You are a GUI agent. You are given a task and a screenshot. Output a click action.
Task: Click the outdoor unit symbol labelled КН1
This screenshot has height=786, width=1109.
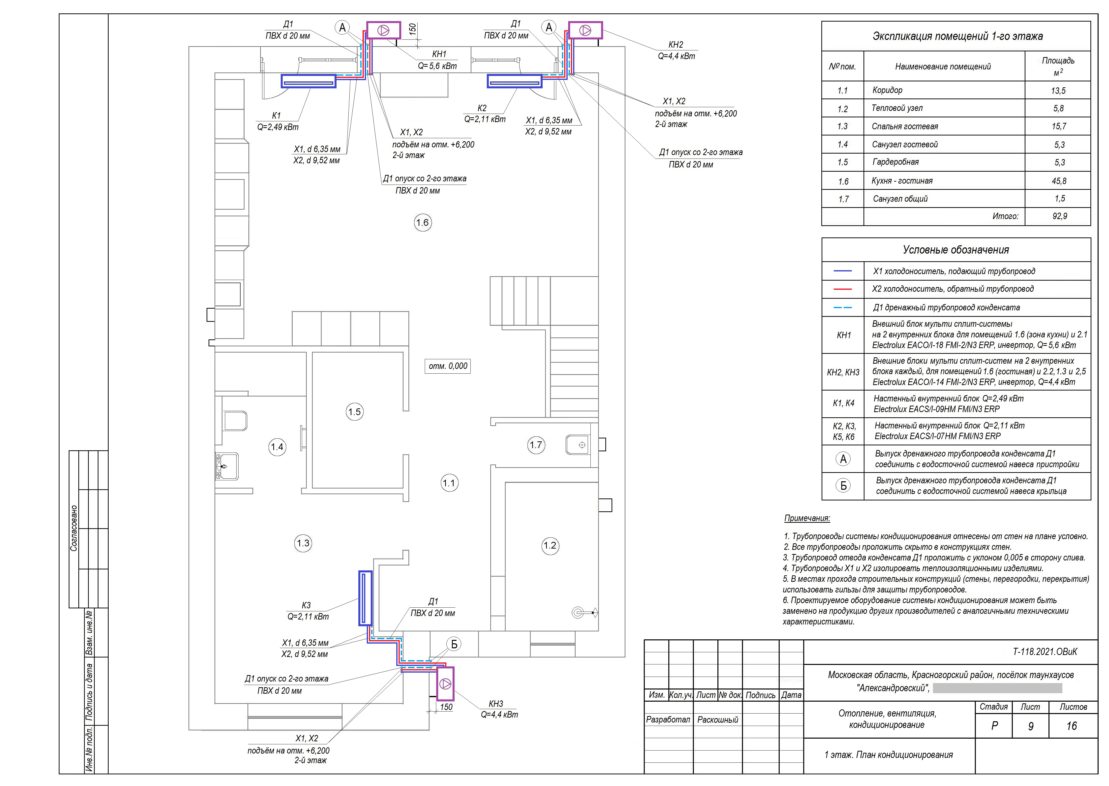[x=384, y=30]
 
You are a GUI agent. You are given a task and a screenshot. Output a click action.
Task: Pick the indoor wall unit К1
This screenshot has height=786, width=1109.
[x=308, y=81]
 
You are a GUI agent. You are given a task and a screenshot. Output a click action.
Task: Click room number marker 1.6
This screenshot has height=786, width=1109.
[x=423, y=223]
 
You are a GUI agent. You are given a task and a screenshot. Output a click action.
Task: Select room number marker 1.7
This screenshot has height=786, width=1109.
[x=536, y=445]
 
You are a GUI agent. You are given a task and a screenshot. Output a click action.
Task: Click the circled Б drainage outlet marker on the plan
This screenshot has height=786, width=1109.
[x=454, y=644]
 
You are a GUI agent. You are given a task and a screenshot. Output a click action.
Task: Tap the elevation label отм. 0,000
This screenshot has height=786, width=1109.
[x=448, y=366]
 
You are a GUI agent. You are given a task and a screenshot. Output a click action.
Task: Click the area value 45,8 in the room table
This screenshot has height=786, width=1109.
[x=1059, y=181]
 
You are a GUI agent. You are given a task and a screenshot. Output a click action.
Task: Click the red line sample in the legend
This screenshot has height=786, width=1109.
[x=842, y=289]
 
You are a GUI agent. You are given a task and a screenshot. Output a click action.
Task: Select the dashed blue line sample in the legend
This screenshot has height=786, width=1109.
[x=842, y=307]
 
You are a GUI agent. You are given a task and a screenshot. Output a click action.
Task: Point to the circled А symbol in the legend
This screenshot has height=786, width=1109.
[x=843, y=459]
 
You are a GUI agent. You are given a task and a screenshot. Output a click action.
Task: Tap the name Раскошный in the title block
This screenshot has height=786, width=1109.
[x=718, y=720]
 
